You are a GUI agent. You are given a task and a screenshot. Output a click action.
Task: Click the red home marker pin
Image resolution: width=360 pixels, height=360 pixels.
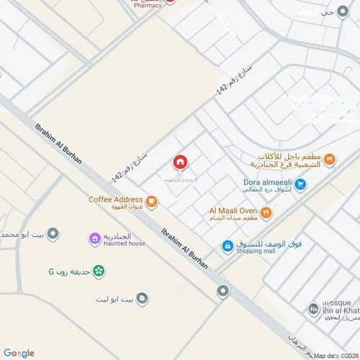(180, 162)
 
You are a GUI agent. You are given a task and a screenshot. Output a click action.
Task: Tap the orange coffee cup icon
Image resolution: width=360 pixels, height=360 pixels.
(151, 201)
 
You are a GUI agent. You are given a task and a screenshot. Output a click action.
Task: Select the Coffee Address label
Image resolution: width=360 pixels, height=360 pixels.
(115, 199)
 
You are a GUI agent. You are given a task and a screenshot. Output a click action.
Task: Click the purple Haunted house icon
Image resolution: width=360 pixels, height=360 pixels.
(94, 238)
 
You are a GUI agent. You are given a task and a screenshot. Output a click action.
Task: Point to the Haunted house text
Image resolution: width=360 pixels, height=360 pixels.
(124, 243)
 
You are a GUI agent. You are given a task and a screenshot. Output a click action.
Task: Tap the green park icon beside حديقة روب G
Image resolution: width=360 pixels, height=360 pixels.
(98, 271)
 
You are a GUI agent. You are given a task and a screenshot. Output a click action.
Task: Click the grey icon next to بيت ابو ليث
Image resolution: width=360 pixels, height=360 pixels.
(142, 297)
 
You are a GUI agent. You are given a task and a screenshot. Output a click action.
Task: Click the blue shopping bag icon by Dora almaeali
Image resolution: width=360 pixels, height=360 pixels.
(301, 184)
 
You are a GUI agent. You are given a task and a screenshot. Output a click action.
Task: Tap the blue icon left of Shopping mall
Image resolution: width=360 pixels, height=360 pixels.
(227, 246)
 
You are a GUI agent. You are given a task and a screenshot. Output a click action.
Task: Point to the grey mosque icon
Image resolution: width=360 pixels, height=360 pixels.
(314, 310)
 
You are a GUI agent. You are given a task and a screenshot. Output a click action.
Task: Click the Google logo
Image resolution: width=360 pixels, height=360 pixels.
(19, 352)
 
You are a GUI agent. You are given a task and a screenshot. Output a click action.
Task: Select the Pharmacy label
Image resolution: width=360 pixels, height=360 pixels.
(148, 4)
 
